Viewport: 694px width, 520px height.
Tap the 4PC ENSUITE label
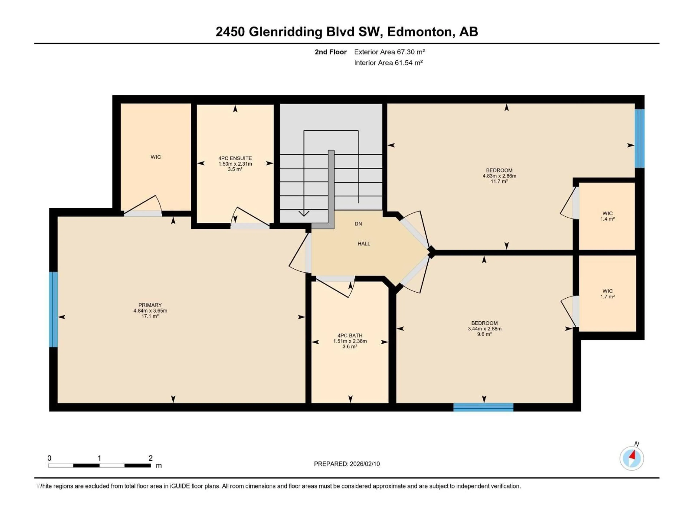coord(235,158)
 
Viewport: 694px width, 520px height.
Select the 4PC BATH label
coord(350,335)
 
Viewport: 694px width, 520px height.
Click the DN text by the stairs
coord(358,224)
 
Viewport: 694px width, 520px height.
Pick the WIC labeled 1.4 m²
coord(607,216)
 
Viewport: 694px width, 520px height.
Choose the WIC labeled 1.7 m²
coord(607,294)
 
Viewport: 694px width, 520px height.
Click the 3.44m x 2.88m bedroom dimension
coord(484,329)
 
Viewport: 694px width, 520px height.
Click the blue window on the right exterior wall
coord(639,138)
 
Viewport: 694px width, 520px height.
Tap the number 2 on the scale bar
coord(150,458)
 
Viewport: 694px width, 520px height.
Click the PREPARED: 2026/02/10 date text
coord(347,464)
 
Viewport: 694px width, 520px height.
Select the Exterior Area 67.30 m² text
coord(389,52)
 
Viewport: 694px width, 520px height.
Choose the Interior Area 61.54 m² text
coord(388,63)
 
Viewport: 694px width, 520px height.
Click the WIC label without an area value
coord(156,157)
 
